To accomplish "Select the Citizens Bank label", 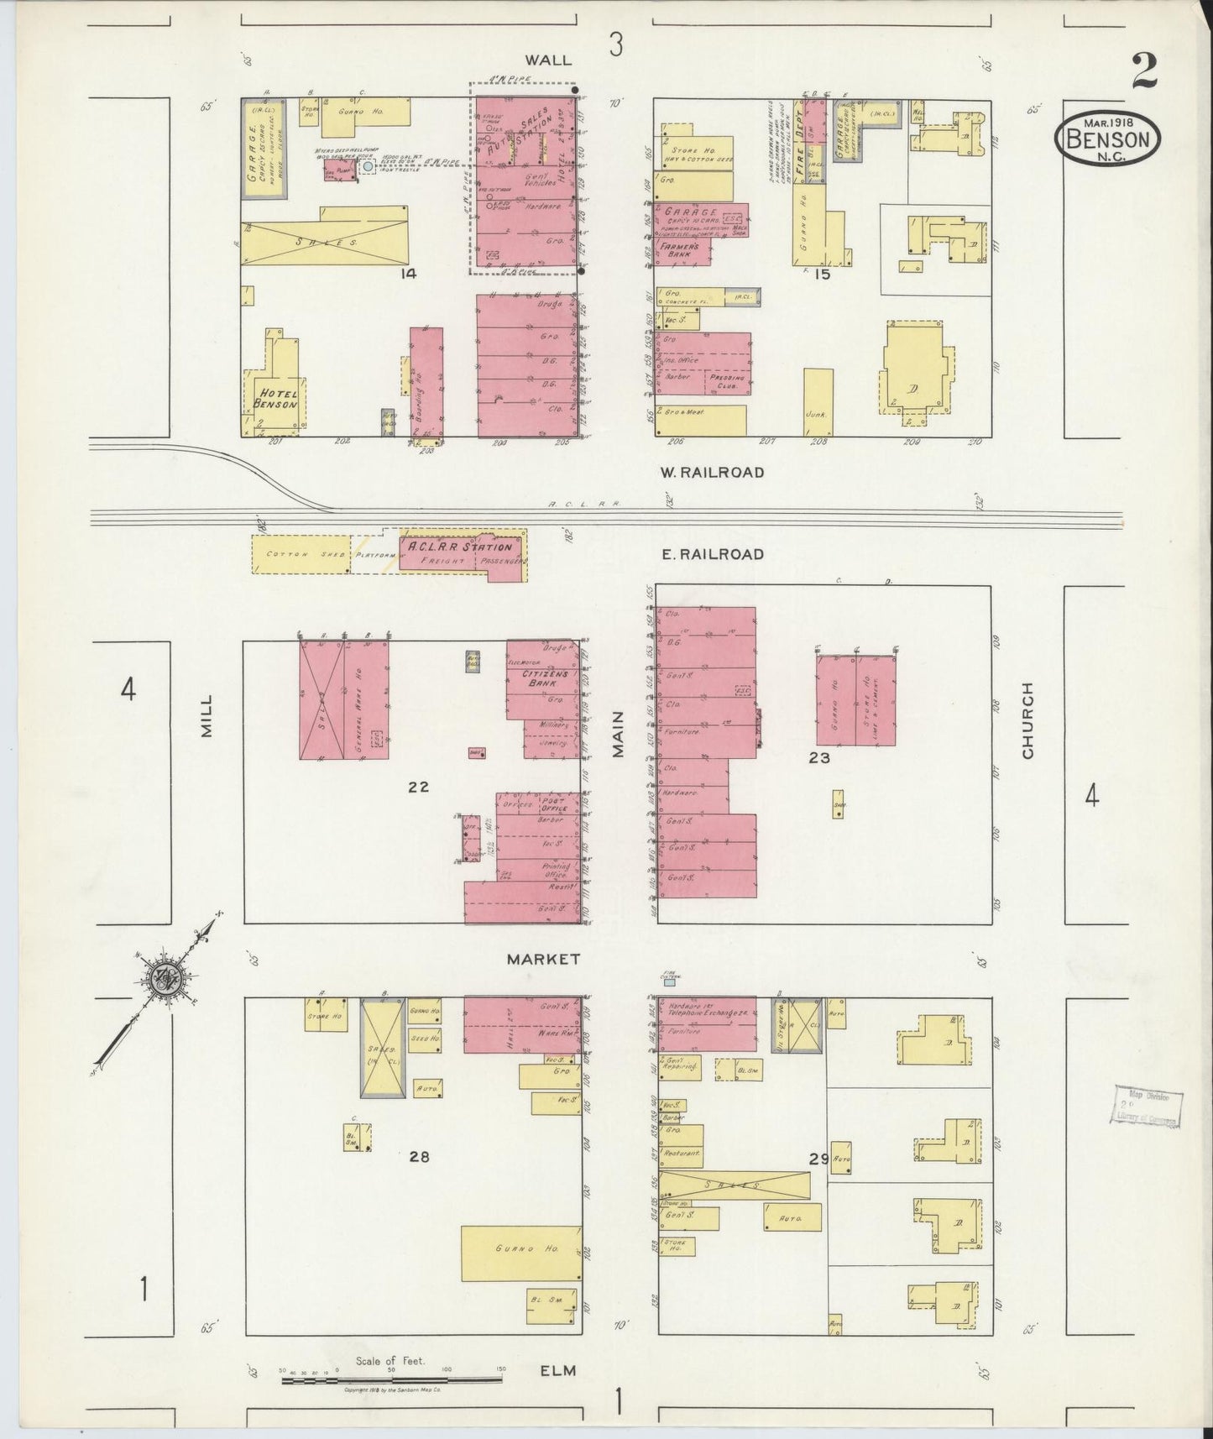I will [x=546, y=678].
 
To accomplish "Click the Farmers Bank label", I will [x=680, y=249].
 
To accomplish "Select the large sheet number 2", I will [x=1143, y=71].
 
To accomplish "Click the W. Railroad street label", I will [x=712, y=472].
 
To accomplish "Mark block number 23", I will [x=819, y=757].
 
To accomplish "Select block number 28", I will [x=419, y=1156].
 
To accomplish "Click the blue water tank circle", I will [x=368, y=167].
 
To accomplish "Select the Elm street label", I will [x=558, y=1370].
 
